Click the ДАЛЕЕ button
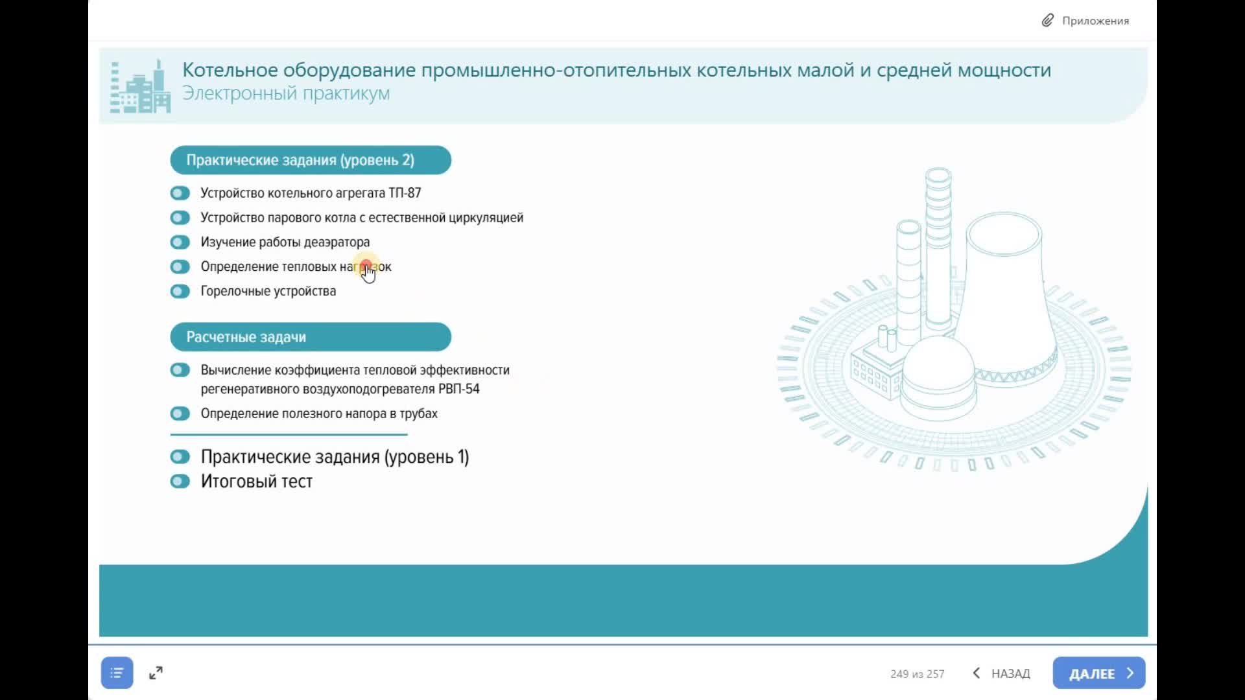1098,673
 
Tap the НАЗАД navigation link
1002,673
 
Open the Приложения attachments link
1095,21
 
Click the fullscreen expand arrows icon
156,673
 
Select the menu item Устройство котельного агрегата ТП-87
311,193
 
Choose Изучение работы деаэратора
285,242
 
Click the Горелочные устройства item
268,291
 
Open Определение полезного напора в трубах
318,414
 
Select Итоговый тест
256,482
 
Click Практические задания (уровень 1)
334,457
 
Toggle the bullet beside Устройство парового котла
180,218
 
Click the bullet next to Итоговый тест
180,482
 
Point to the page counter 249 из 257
917,674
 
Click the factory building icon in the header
140,87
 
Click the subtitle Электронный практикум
286,93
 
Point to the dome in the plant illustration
938,369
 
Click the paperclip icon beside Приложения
1047,21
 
